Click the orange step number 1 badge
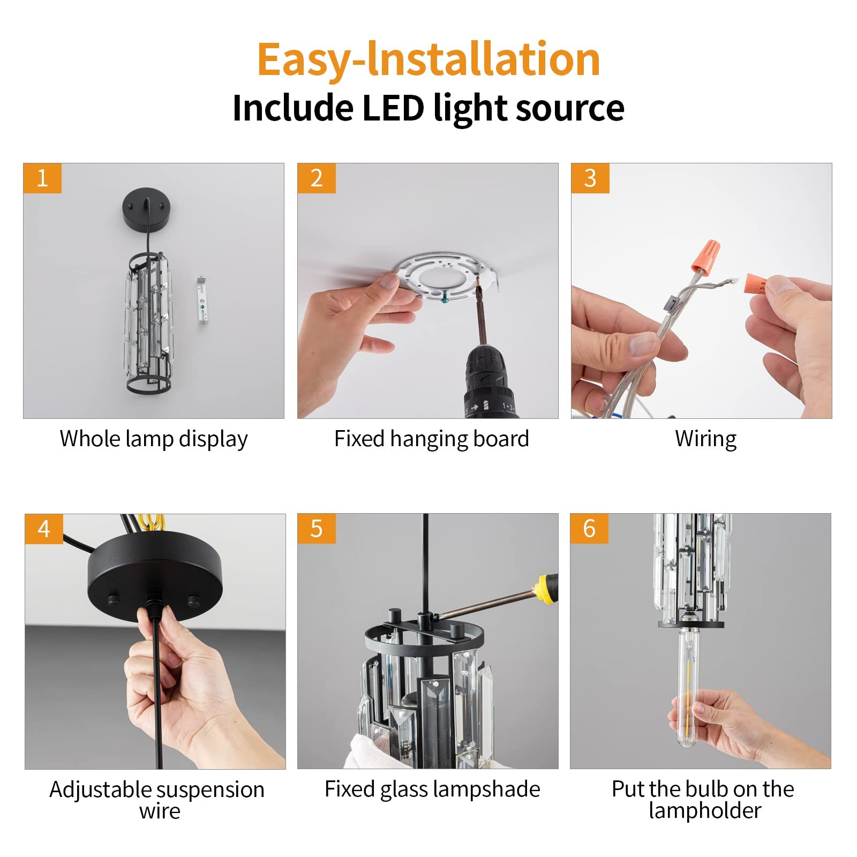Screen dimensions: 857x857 point(42,178)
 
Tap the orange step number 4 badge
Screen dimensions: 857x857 point(44,529)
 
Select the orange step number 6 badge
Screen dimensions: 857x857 point(589,528)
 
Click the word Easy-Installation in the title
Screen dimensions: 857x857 point(428,60)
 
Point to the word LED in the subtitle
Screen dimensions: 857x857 point(393,108)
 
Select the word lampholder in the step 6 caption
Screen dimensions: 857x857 point(705,811)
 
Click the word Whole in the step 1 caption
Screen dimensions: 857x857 point(90,439)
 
